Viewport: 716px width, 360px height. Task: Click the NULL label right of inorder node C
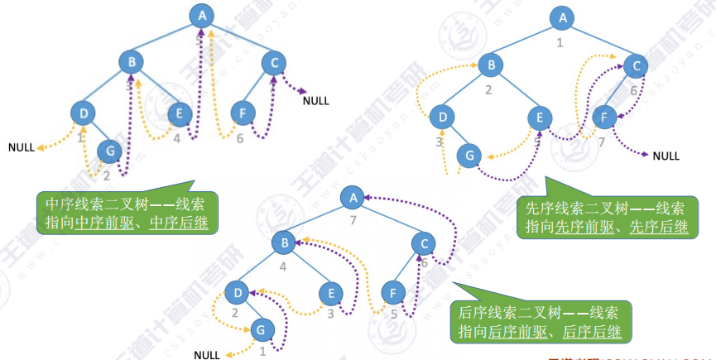pos(315,101)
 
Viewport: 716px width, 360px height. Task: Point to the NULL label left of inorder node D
pos(22,147)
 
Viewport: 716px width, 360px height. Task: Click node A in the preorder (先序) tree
pos(563,17)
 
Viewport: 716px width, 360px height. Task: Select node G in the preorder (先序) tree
pos(469,155)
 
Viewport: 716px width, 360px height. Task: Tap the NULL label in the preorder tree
pos(666,156)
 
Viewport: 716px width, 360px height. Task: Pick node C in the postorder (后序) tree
pos(423,242)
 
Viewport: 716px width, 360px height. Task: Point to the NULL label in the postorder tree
pos(207,355)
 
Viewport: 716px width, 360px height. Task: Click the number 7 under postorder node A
pos(353,220)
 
